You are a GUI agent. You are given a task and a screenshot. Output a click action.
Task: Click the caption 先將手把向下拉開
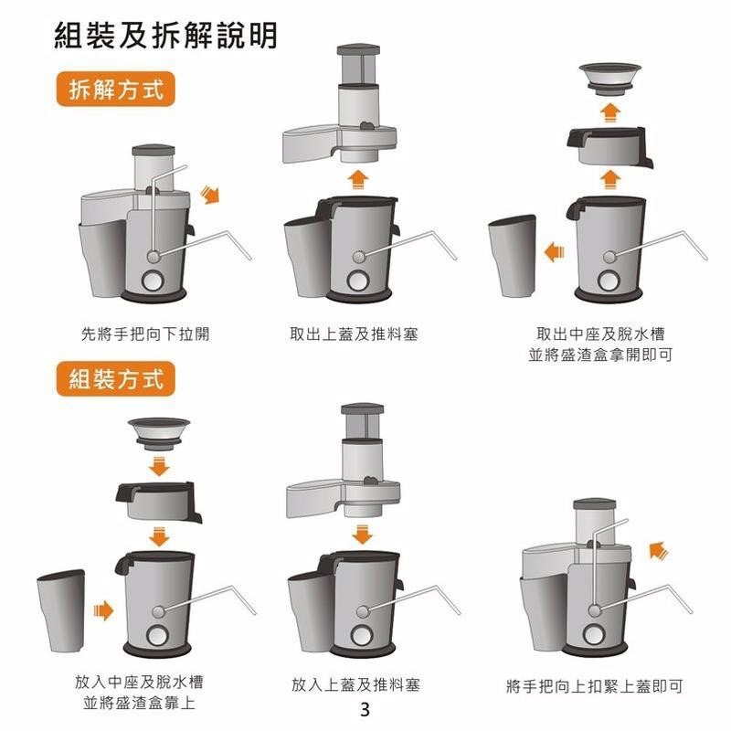click(x=145, y=334)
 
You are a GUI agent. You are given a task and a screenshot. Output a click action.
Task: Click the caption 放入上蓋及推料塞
click(x=355, y=684)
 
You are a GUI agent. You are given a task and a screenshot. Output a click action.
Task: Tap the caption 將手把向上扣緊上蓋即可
click(x=594, y=685)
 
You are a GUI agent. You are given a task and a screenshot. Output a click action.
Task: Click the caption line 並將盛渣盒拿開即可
click(x=600, y=354)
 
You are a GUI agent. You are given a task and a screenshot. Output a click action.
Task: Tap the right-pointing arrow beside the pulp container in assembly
click(x=104, y=609)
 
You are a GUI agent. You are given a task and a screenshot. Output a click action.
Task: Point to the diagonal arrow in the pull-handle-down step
click(x=211, y=193)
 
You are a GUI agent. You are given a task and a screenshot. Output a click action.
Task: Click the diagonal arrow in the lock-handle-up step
click(x=657, y=550)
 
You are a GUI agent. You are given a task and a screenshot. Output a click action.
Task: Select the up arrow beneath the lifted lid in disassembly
click(x=359, y=176)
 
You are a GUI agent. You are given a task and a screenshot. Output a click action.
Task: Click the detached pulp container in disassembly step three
click(x=513, y=255)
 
